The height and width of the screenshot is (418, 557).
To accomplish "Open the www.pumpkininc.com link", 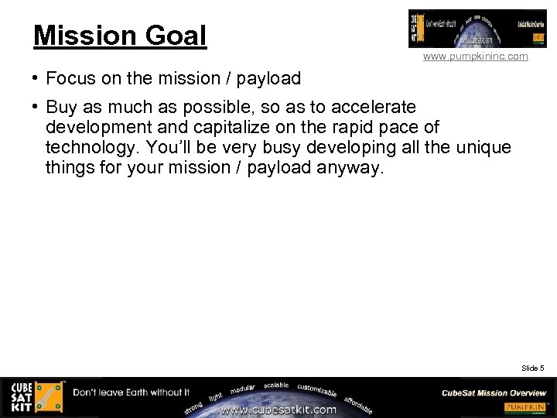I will coord(475,57).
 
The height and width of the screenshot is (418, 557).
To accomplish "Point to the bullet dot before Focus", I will coord(36,78).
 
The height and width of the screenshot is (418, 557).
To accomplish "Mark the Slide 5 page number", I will coord(532,368).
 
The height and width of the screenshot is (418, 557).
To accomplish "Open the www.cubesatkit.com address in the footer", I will coord(279,409).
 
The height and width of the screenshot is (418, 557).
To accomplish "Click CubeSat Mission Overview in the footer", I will coord(494,393).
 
